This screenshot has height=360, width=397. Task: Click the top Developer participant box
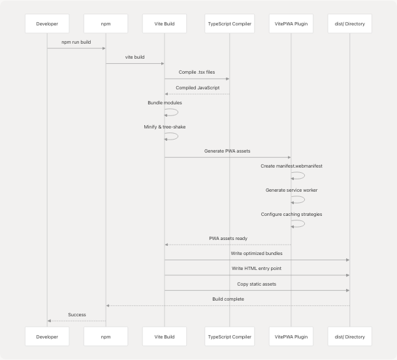coord(47,24)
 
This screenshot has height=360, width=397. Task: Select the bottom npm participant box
coord(106,337)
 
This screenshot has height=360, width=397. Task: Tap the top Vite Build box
coord(165,24)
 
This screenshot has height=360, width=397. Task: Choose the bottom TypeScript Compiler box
coord(229,337)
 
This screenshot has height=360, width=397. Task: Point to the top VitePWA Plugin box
coord(291,24)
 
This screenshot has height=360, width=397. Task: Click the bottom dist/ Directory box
coord(349,337)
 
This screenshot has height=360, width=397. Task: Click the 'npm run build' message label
coord(76,42)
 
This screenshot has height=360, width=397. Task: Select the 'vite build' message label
coord(135,57)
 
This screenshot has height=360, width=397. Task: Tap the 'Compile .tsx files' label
coord(197,72)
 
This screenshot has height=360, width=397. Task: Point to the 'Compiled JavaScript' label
coord(197,87)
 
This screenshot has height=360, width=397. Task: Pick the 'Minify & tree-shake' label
coord(165,127)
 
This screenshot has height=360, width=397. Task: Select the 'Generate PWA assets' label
coord(228,151)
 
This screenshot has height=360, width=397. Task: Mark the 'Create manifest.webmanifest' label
coord(291,166)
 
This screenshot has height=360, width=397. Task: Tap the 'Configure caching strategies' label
coord(291,214)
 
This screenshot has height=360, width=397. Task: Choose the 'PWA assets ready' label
coord(228,238)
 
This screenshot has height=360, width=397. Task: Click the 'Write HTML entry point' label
coord(257,269)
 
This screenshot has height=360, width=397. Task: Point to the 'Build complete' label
coord(228,299)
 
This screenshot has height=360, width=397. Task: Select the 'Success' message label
coord(76,314)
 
